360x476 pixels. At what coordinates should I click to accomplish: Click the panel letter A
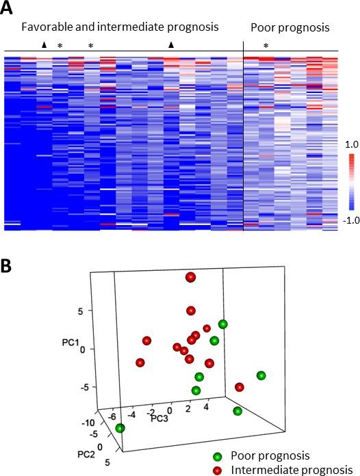click(9, 9)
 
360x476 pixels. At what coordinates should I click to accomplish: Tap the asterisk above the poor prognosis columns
click(266, 46)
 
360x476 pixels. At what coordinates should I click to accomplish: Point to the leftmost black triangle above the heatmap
click(44, 45)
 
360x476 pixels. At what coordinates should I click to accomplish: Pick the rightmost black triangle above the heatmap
click(172, 45)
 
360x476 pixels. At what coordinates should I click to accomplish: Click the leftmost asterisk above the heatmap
click(60, 46)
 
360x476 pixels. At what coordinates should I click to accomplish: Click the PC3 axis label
click(159, 417)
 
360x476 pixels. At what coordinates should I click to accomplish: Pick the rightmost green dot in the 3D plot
click(261, 375)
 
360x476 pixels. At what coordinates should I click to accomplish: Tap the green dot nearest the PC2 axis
click(120, 429)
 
